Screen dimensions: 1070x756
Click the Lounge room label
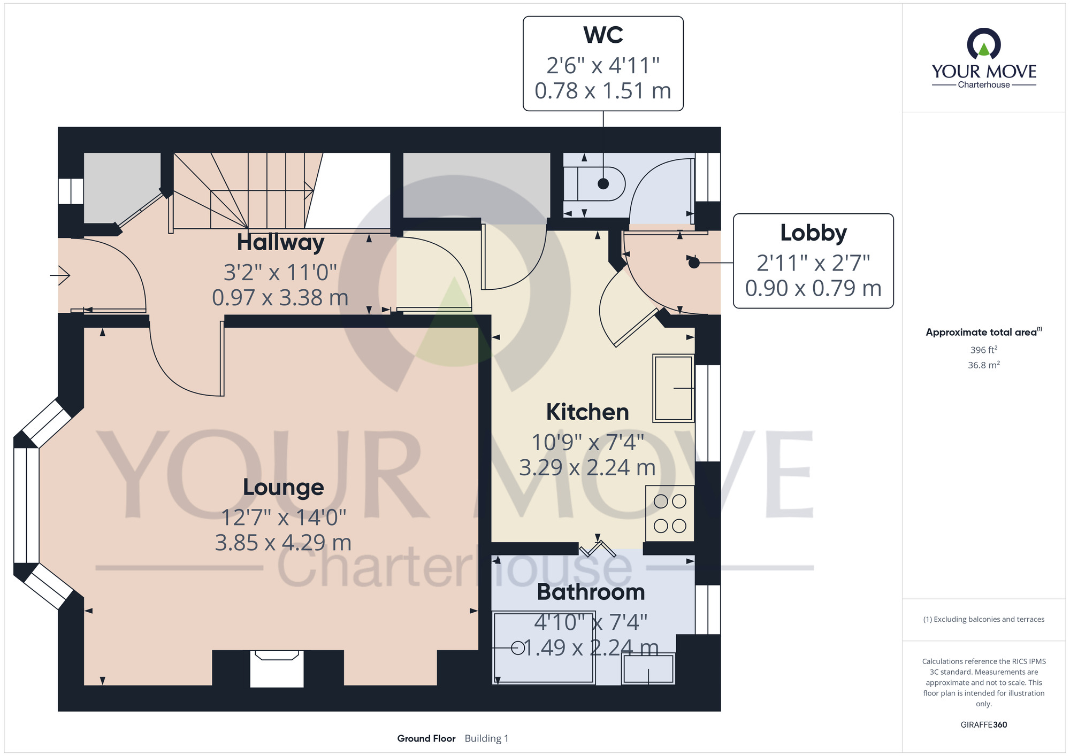coord(284,488)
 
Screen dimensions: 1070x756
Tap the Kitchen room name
coord(587,412)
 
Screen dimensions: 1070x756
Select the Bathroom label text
coord(591,592)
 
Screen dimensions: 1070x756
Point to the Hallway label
coord(280,242)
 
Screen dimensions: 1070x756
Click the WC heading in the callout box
coord(603,35)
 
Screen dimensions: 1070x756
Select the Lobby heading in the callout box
coord(813,233)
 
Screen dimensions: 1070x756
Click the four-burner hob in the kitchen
coord(670,513)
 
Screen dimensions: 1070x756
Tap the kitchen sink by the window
coord(674,388)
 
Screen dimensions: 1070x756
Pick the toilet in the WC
coord(594,184)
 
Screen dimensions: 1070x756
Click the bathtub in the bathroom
coord(544,648)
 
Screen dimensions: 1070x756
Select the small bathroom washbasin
coord(648,668)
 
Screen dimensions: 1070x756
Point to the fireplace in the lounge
coord(277,668)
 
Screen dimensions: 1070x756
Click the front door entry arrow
coord(60,275)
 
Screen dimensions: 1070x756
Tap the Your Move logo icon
coord(984,44)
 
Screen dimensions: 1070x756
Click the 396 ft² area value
coord(984,350)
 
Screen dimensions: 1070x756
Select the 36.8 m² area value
coord(984,365)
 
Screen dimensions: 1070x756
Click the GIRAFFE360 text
coord(984,725)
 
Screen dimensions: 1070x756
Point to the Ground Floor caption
coord(426,738)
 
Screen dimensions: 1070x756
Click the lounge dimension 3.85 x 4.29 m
coord(283,543)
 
